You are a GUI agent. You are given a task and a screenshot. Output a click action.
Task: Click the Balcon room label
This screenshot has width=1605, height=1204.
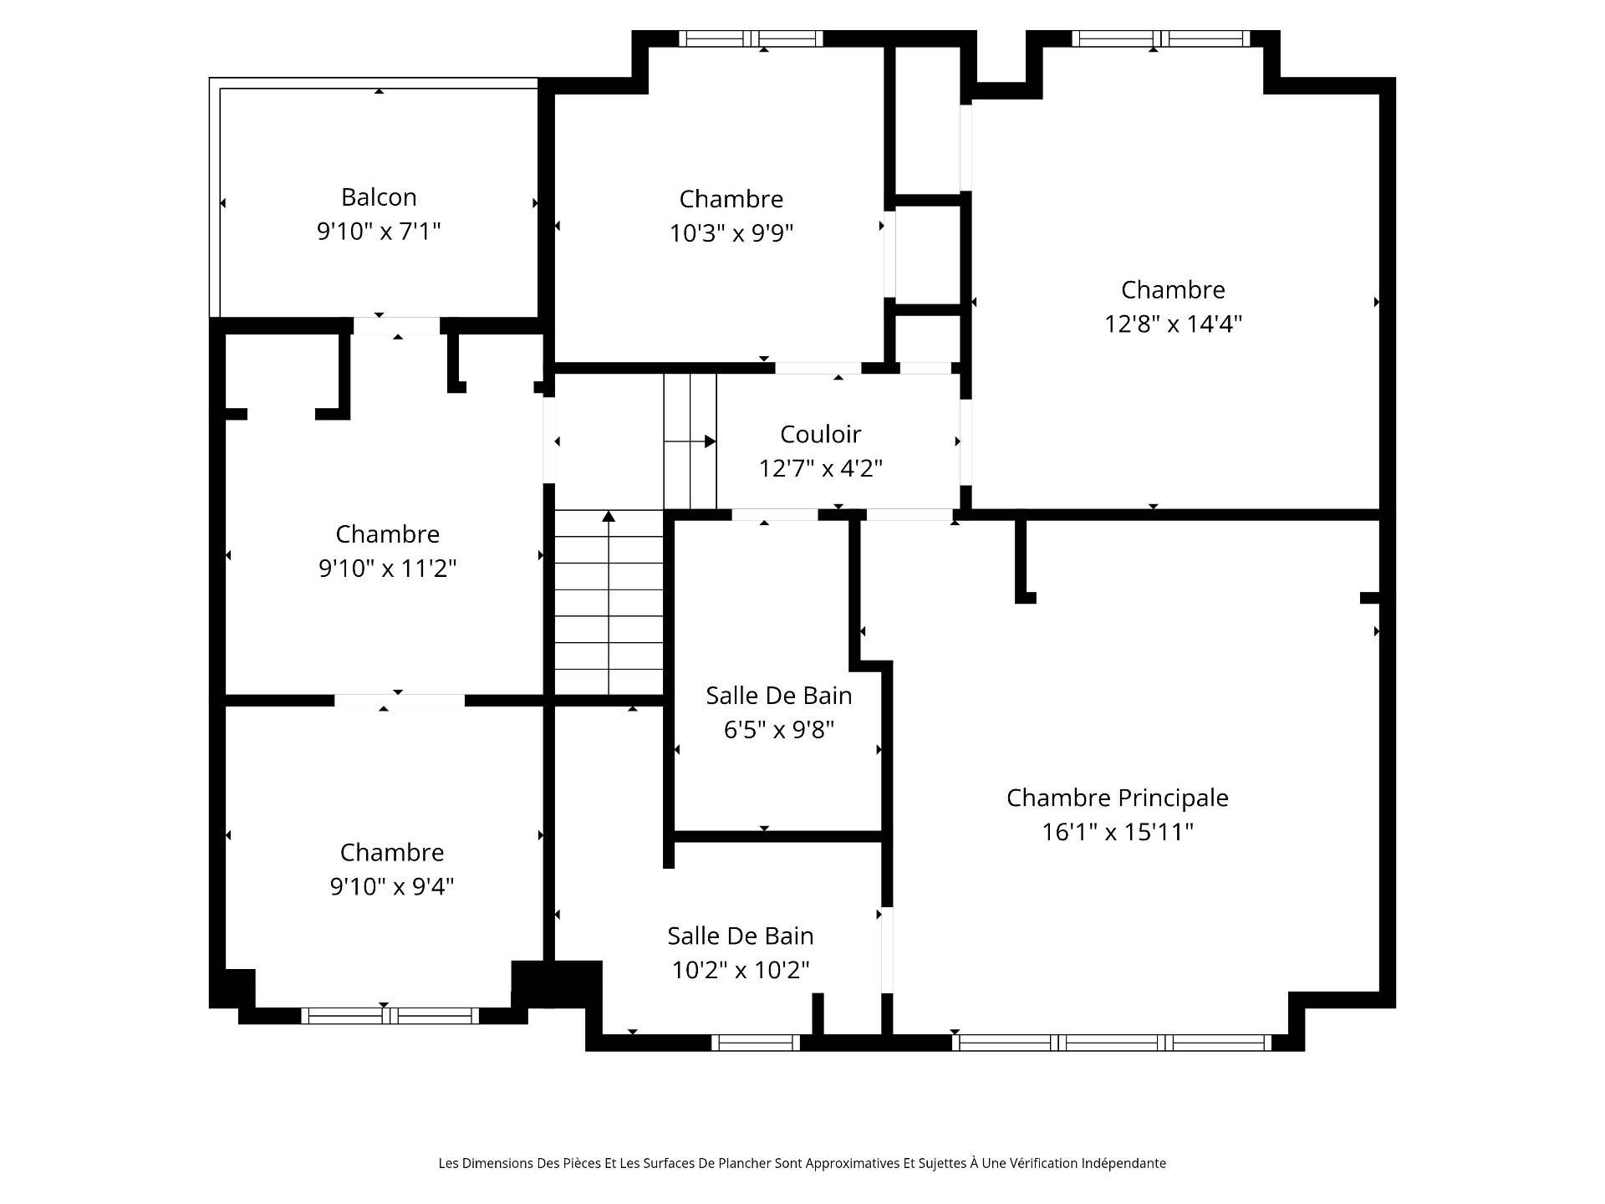click(x=379, y=197)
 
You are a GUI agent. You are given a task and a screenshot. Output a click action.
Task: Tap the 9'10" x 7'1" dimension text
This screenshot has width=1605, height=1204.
click(x=379, y=231)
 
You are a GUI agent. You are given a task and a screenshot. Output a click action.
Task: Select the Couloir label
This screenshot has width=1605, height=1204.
click(x=820, y=434)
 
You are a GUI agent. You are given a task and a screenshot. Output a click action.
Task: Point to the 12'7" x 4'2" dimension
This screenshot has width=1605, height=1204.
click(x=820, y=468)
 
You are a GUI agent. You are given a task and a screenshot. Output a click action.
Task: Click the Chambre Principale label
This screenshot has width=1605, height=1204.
click(x=1118, y=798)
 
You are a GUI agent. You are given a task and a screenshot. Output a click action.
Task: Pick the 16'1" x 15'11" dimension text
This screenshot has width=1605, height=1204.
click(x=1118, y=832)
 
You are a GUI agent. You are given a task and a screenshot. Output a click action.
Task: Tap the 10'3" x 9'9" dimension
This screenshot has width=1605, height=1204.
click(x=731, y=232)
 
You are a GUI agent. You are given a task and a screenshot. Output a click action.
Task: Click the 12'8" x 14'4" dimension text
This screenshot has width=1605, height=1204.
click(x=1174, y=324)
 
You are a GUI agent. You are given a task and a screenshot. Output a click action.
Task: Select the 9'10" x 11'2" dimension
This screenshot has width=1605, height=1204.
click(x=387, y=569)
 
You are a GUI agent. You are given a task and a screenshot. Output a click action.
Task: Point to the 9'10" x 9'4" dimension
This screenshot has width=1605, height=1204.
click(x=392, y=886)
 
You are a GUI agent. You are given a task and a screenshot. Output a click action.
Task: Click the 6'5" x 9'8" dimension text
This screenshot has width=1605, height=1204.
click(x=779, y=730)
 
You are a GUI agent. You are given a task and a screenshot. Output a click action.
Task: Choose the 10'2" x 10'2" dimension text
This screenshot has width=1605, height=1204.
click(x=741, y=970)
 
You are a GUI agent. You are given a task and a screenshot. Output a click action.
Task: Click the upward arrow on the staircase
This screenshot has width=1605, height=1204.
click(x=609, y=602)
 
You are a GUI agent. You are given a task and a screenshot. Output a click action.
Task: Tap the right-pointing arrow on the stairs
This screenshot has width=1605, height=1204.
click(x=690, y=441)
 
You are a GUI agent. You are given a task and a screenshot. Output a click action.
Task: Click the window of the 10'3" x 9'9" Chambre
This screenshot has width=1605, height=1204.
click(x=751, y=38)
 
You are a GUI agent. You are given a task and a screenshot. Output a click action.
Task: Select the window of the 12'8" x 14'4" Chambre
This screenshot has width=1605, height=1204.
click(x=1161, y=38)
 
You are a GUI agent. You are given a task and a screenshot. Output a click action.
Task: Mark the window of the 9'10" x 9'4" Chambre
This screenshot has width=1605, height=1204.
click(x=390, y=1016)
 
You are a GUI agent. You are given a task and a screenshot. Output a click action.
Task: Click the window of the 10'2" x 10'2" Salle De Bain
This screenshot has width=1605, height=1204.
click(x=756, y=1043)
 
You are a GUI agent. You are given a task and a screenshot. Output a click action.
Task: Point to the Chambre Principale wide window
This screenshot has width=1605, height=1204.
click(x=1112, y=1043)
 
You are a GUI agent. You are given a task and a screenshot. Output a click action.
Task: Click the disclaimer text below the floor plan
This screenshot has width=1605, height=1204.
click(x=802, y=1163)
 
